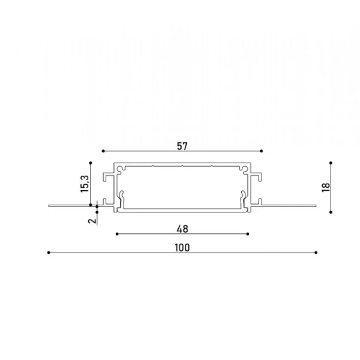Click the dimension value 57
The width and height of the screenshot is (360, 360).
pos(182,144)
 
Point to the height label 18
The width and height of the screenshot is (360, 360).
pos(325,187)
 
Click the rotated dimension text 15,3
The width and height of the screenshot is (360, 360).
pos(85,182)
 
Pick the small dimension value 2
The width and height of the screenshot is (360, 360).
pos(91,220)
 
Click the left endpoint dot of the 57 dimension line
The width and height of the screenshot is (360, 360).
pos(103,151)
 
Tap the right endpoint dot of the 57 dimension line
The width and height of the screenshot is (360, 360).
pos(262,151)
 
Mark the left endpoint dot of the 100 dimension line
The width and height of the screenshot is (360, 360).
pos(48,253)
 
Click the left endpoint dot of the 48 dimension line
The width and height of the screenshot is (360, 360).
pos(116,233)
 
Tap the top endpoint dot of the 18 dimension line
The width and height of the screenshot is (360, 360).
pos(332,162)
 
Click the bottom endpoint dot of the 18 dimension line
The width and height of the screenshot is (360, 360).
pos(332,211)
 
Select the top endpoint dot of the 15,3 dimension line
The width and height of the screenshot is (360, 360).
pos(90,162)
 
